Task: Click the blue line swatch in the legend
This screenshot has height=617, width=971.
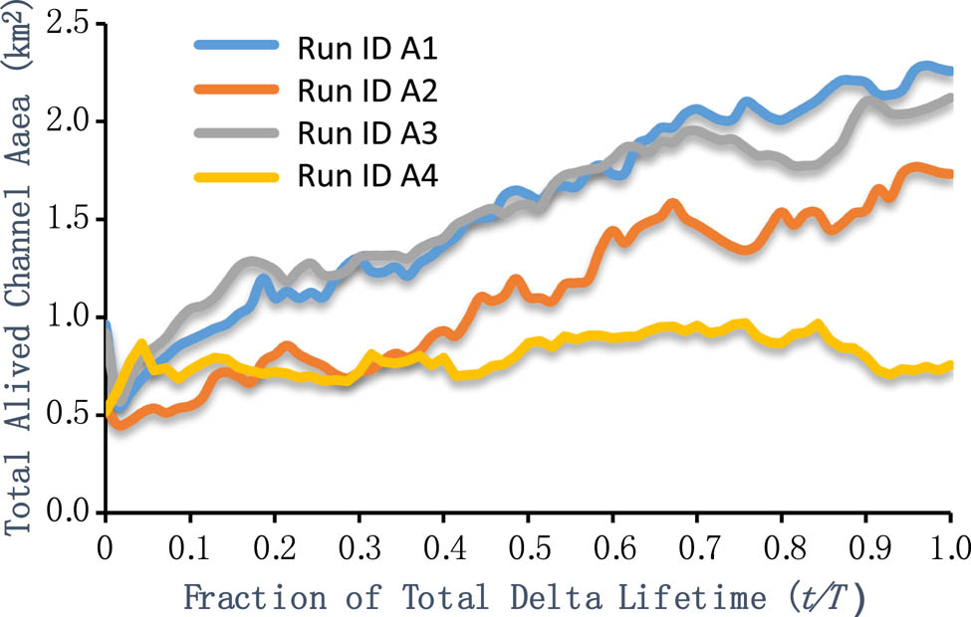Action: pos(236,48)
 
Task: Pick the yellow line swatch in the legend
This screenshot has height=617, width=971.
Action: pos(236,177)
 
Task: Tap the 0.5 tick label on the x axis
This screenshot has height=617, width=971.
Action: pos(528,546)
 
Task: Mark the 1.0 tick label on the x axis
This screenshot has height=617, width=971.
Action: pos(950,546)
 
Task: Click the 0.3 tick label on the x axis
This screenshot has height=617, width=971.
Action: pos(359,546)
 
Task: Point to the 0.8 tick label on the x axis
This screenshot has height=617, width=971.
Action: pos(782,546)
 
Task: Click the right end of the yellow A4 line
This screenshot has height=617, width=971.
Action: pos(950,365)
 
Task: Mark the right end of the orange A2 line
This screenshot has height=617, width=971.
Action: pos(950,173)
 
